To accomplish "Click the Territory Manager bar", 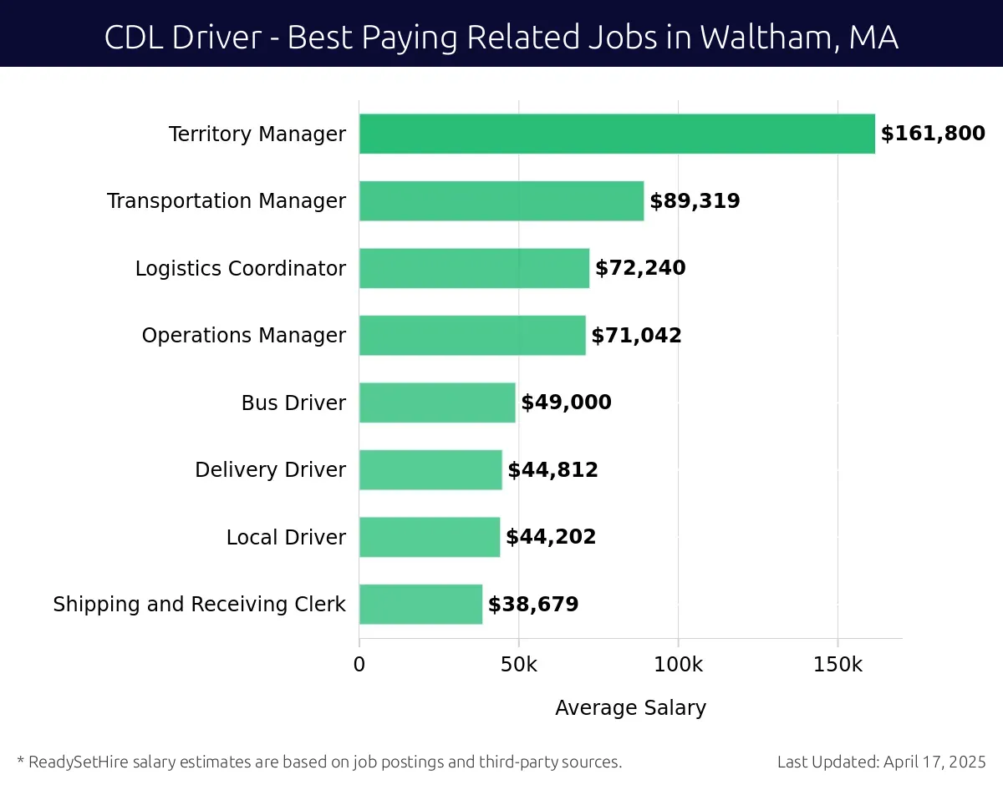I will click(x=617, y=134).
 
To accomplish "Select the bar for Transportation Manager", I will click(x=501, y=201).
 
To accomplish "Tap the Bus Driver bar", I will click(x=437, y=403).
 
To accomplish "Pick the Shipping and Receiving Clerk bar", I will click(x=420, y=604).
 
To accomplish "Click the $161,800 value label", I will click(x=933, y=134).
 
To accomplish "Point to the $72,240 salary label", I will click(x=640, y=268).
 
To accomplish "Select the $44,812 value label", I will click(x=552, y=470).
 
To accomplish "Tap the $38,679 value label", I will click(x=533, y=604).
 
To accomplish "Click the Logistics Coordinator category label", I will click(x=240, y=268).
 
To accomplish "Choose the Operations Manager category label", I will click(x=243, y=336).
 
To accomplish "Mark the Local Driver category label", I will click(x=286, y=537).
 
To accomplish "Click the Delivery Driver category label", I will click(x=270, y=470).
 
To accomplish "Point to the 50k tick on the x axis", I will click(x=518, y=665).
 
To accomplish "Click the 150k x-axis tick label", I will click(x=838, y=665).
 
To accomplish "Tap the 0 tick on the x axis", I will click(x=359, y=665).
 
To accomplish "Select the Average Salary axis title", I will click(x=630, y=708).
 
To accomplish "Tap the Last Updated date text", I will click(x=881, y=762).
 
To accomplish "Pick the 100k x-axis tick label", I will click(x=678, y=665).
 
